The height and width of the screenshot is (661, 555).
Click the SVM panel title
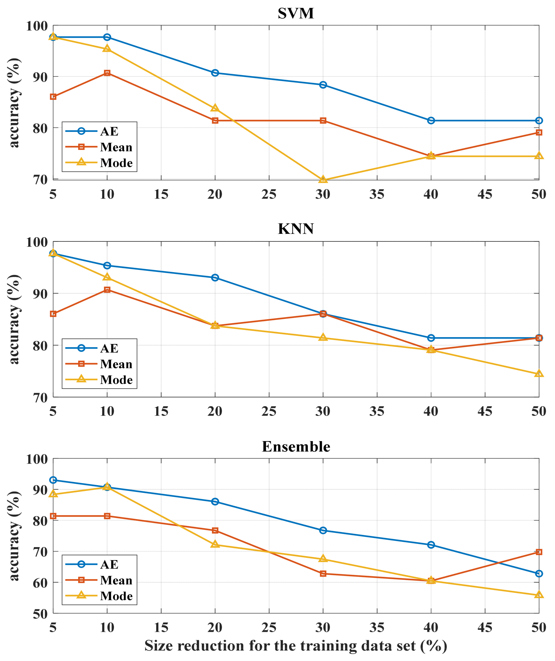296,13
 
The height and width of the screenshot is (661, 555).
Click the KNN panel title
296,229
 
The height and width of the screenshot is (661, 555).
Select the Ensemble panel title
296,447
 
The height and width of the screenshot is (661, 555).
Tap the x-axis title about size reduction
296,646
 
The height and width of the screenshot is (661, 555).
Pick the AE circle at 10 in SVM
107,37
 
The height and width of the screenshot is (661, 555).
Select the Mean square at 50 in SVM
539,133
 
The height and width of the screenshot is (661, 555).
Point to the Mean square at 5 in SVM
53,97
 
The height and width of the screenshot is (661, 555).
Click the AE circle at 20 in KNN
215,278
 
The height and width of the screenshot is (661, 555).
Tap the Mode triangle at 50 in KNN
539,374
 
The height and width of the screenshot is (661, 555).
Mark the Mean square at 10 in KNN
107,290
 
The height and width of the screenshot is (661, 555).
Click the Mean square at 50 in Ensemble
539,552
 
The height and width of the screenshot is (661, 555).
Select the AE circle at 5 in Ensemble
53,480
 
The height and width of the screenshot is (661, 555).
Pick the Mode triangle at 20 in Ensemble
215,544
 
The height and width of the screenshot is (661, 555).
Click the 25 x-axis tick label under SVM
269,194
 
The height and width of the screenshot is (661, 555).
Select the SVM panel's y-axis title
14,103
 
